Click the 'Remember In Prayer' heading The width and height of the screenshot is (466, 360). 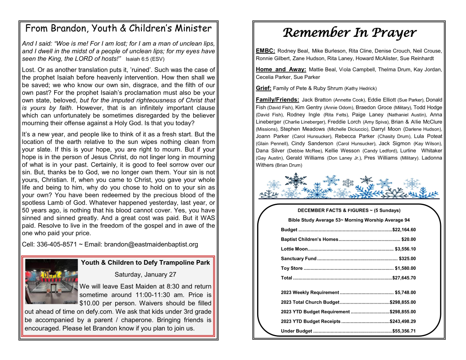(x=349, y=33)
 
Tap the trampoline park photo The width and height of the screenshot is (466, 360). (x=51, y=281)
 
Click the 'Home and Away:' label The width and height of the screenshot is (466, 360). (x=281, y=69)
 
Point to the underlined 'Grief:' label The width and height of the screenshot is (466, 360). (x=264, y=88)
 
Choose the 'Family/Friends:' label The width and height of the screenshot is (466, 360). (x=277, y=100)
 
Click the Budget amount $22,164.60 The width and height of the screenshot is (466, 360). (x=404, y=230)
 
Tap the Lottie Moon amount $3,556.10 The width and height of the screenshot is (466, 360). (x=405, y=249)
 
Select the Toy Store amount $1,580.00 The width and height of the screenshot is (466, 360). (x=405, y=268)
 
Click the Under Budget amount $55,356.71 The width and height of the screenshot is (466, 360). (x=404, y=331)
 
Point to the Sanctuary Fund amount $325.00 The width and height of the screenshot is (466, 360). (x=407, y=258)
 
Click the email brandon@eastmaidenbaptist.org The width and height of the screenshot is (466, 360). (x=151, y=244)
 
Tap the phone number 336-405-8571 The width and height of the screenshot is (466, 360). (x=56, y=244)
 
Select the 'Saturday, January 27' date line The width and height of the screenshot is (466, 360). (x=145, y=274)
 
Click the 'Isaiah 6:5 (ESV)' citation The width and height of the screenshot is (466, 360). (x=145, y=59)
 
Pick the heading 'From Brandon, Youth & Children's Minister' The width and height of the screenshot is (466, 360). (x=118, y=28)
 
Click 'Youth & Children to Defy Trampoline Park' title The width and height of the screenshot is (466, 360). (x=145, y=263)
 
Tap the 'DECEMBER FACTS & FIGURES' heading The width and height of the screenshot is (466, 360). (x=349, y=210)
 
